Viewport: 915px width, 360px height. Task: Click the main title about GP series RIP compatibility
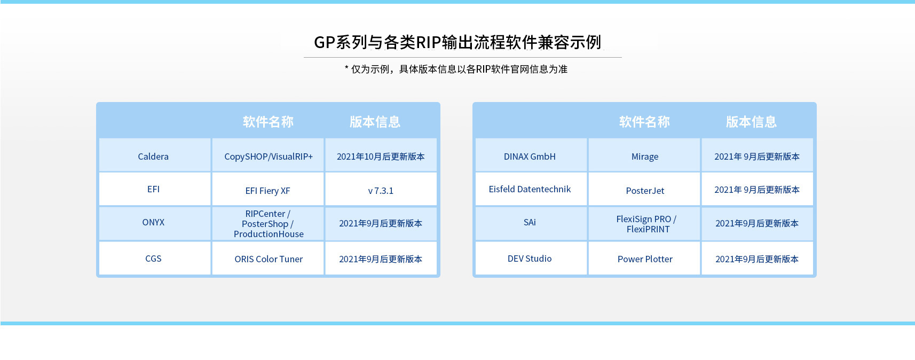pos(458,43)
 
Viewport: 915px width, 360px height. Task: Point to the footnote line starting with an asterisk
pos(456,69)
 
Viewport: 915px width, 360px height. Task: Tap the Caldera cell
pos(153,156)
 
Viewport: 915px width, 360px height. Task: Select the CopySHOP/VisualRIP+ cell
pos(269,156)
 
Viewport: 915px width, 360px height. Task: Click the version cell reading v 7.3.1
pos(381,191)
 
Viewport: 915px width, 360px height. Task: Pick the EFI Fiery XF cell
pos(268,191)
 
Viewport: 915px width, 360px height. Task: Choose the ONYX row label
pos(153,222)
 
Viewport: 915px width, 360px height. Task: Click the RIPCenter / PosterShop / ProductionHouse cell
pos(269,224)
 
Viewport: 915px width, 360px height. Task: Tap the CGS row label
pos(153,259)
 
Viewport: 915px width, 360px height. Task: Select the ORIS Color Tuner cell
pos(269,259)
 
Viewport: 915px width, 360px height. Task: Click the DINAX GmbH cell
pos(530,156)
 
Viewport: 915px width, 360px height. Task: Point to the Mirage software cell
pos(645,156)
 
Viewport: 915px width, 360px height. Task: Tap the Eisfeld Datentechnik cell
pos(530,189)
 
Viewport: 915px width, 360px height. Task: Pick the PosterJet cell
pos(645,191)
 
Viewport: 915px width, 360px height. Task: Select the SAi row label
pos(530,222)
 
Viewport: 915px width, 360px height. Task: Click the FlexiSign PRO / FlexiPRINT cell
pos(646,224)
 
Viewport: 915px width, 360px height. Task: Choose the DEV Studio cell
pos(530,259)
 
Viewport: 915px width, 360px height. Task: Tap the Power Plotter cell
pos(645,259)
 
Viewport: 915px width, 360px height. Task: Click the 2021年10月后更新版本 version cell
pos(381,156)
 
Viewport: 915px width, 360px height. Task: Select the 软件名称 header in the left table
pos(269,122)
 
